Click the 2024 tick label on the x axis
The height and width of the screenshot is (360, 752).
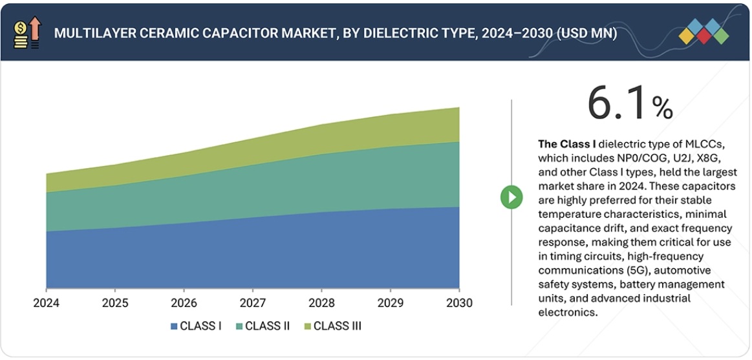tap(46, 303)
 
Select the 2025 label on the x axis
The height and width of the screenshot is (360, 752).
tap(114, 303)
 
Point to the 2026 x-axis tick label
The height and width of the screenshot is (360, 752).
tap(184, 303)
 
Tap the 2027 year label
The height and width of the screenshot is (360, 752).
tap(252, 303)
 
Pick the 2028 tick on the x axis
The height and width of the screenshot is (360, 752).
tap(321, 303)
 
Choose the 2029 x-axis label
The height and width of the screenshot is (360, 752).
tap(390, 303)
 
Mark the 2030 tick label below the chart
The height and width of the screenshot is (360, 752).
tap(458, 303)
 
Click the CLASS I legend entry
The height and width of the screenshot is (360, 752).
tap(196, 326)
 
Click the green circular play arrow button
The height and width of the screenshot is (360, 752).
tap(511, 197)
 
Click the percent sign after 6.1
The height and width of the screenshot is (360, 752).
tap(662, 108)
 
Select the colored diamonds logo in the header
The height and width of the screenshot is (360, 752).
tap(704, 32)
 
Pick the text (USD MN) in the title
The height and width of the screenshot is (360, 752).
tap(586, 34)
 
